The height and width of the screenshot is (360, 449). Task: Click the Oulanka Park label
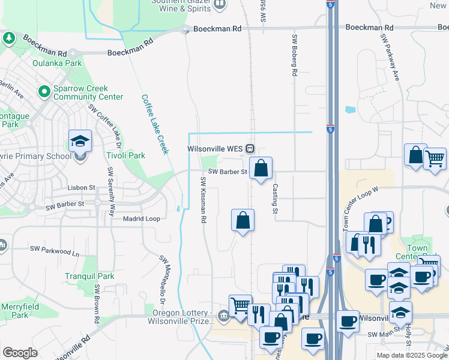[57, 63]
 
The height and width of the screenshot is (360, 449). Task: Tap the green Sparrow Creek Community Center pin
[44, 92]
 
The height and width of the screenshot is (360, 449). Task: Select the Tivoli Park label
[126, 155]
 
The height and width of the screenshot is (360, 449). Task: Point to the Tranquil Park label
[89, 277]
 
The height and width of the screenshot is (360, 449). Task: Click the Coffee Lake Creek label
[154, 124]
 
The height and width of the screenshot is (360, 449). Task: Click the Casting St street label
[275, 199]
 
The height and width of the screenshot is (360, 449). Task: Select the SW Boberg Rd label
[295, 55]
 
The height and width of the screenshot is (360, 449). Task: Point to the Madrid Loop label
[142, 219]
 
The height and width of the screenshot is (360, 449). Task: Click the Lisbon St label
[82, 188]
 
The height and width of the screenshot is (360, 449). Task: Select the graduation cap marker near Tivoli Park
[80, 141]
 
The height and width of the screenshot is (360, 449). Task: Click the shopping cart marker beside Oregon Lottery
[240, 305]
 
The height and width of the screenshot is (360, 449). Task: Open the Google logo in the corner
[20, 353]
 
